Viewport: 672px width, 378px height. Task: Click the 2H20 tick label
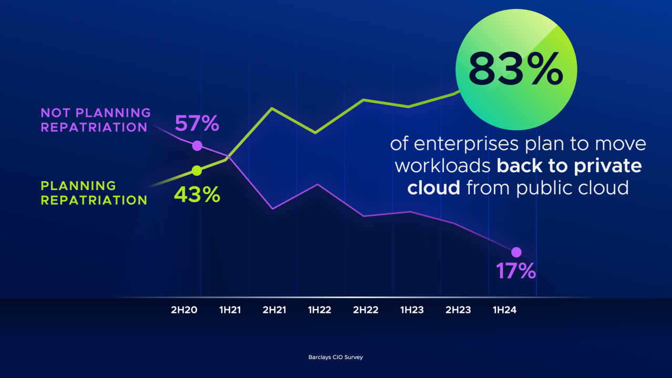[184, 310]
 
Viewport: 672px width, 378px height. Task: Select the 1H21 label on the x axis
[230, 310]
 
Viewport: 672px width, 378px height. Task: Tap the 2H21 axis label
[274, 310]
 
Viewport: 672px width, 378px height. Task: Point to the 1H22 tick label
[319, 310]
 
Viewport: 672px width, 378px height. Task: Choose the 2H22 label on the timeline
[366, 310]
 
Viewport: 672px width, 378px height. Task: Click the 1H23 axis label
[412, 310]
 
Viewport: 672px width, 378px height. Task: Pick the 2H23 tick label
[458, 310]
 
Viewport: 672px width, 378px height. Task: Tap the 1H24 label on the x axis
[504, 310]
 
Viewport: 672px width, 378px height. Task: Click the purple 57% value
[197, 124]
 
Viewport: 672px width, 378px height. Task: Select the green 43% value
[197, 195]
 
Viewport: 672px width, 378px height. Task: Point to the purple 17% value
[516, 271]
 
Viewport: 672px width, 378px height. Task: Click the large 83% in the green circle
[515, 69]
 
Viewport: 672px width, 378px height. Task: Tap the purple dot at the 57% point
[197, 145]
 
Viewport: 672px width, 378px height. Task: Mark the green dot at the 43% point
[197, 170]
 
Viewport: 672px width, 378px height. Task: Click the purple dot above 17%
[516, 252]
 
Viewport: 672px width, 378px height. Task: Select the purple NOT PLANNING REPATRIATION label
[96, 120]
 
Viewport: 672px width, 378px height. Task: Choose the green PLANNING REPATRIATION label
[94, 193]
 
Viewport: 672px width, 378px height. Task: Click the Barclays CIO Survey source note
[335, 357]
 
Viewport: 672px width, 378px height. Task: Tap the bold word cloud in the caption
[434, 187]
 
